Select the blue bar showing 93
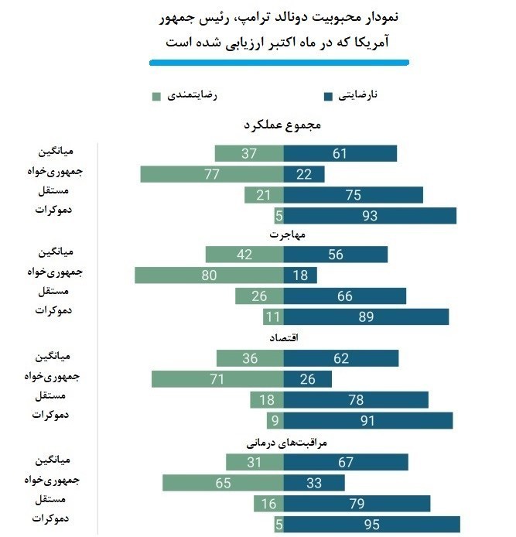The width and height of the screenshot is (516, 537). [370, 216]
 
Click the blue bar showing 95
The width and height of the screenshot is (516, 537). [372, 525]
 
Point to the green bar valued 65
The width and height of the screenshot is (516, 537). [223, 483]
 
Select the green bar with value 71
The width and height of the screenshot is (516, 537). [217, 379]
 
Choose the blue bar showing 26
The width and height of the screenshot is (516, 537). [307, 379]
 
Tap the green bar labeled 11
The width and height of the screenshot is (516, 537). [273, 316]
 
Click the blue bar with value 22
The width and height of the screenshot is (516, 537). [304, 174]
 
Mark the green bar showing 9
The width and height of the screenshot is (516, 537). [275, 420]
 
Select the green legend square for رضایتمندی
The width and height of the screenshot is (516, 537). [156, 97]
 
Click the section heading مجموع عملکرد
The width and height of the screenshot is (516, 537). [282, 125]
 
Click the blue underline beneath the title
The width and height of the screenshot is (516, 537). [279, 62]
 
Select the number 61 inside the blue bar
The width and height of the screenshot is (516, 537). [340, 153]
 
